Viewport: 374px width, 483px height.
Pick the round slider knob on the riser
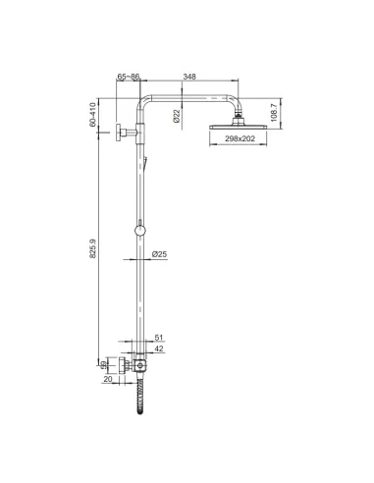pos(143,232)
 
